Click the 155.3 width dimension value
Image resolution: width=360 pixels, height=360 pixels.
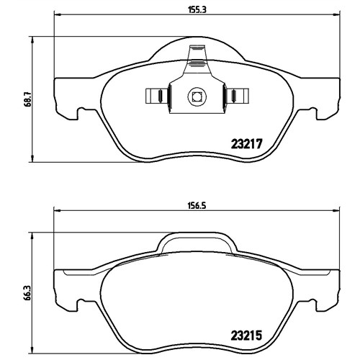click(197, 9)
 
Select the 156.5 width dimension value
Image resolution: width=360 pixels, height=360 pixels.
click(197, 206)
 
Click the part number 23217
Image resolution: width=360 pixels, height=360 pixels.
click(246, 144)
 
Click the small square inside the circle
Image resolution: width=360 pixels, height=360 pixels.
click(197, 97)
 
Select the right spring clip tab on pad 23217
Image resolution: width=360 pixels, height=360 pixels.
click(237, 96)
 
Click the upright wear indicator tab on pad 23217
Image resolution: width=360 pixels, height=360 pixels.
click(197, 59)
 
